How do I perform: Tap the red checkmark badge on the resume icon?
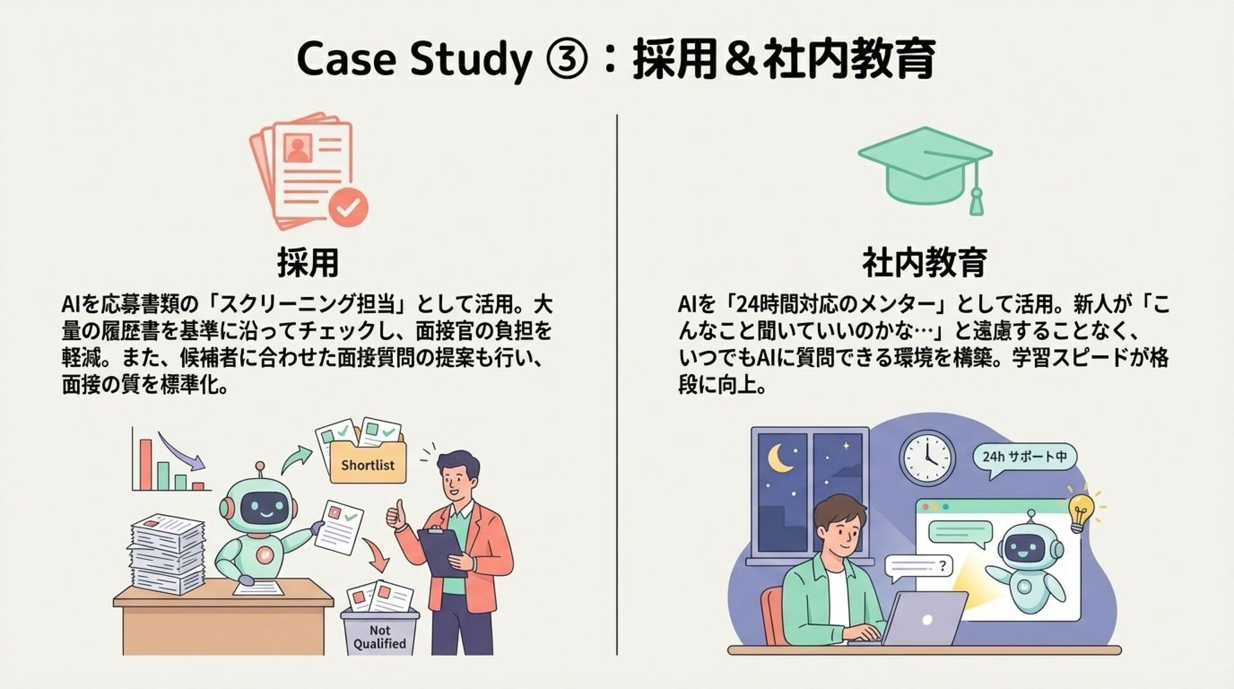(x=348, y=207)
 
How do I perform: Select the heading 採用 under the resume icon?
(x=308, y=263)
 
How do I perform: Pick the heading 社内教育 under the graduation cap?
(x=924, y=263)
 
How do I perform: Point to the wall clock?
(x=927, y=458)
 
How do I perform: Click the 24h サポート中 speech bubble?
(x=1024, y=458)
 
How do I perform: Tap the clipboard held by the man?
(x=442, y=551)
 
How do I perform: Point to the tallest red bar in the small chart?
(x=145, y=464)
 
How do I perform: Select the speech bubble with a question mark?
(x=918, y=567)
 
